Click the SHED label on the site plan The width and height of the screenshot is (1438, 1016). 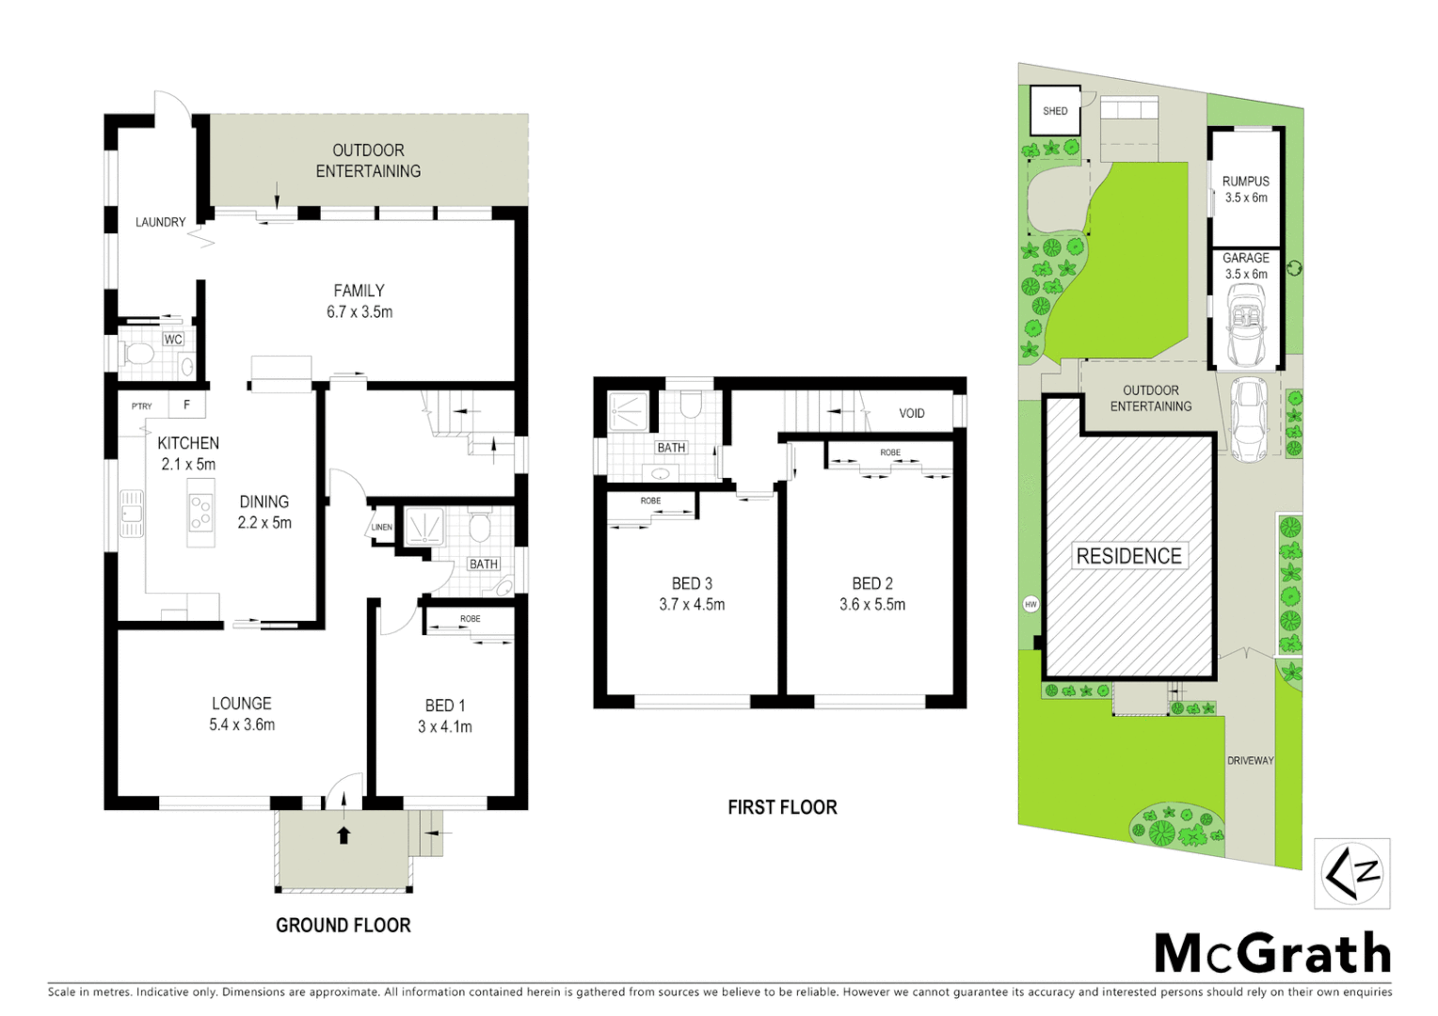coord(1055,111)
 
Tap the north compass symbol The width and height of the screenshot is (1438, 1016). coord(1352,873)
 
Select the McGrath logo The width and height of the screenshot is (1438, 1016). coord(1272,954)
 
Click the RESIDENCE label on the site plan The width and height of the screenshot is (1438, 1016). coord(1128,556)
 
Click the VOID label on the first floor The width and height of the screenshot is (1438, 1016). coord(911,413)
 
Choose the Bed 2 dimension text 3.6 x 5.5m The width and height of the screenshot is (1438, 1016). coord(872,605)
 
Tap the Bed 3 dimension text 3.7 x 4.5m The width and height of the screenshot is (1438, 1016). coord(692,605)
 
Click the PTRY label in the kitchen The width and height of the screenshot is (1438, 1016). coord(141,406)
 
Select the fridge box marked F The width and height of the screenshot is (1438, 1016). coord(187,405)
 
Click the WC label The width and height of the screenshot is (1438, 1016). coord(173,340)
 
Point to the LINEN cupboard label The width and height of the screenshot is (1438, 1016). coord(381,527)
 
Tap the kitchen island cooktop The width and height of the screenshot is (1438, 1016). coord(200,513)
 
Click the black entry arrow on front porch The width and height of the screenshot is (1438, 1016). coord(344,834)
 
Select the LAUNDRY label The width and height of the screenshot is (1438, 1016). coord(160,222)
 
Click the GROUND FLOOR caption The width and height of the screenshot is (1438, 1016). coord(343,926)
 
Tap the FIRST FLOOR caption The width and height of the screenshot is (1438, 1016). coord(782,807)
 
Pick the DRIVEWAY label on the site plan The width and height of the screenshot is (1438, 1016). coord(1250,760)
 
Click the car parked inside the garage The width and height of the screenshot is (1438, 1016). coord(1247,322)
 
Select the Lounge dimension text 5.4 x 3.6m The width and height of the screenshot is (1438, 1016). coord(242,724)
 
